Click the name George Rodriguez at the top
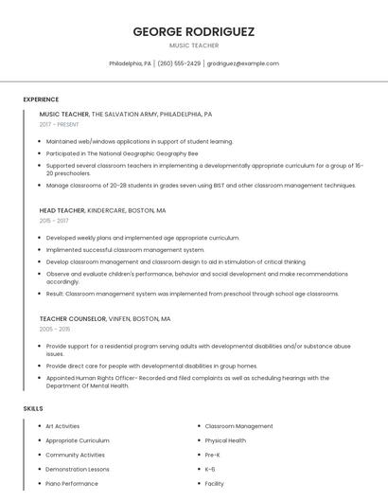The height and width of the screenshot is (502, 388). [194, 31]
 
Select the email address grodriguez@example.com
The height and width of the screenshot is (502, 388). [242, 63]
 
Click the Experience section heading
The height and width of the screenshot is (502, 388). [41, 99]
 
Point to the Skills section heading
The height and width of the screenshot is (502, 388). [33, 408]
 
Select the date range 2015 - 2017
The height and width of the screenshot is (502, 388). [54, 221]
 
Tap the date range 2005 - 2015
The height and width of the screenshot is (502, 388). [55, 330]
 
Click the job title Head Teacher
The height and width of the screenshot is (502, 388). [62, 210]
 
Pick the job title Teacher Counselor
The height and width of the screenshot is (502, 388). [70, 319]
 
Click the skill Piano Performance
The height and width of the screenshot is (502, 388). [72, 483]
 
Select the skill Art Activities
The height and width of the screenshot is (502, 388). [62, 426]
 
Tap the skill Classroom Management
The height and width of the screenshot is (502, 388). [238, 426]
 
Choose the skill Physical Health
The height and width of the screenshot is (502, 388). [225, 440]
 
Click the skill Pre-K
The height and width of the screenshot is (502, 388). [213, 455]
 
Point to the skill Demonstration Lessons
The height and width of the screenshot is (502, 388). [78, 469]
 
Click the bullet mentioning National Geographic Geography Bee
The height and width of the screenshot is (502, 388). [122, 152]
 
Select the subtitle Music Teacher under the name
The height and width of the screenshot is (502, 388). [194, 45]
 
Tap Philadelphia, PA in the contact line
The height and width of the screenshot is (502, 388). [130, 63]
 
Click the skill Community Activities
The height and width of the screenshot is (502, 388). [76, 455]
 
